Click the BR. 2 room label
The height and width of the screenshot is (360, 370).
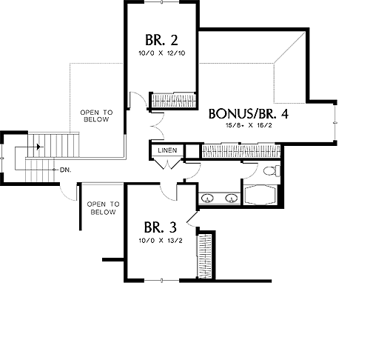click(x=161, y=40)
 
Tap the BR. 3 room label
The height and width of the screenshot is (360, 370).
click(x=161, y=227)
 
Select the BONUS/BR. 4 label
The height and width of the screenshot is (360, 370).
click(x=249, y=114)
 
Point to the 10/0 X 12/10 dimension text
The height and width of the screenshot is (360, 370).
click(x=162, y=53)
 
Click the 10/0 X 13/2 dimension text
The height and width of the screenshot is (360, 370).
click(x=161, y=240)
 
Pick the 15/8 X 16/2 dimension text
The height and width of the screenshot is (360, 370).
click(x=249, y=125)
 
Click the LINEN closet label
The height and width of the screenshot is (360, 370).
click(x=167, y=150)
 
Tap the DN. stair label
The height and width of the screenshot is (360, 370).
click(x=65, y=170)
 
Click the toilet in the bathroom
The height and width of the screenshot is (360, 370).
click(x=272, y=170)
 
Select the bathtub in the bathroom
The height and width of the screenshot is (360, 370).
click(x=260, y=195)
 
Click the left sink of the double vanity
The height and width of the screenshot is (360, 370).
click(x=207, y=199)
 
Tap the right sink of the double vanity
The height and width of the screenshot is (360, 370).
click(x=232, y=199)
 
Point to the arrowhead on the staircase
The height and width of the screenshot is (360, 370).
click(x=38, y=147)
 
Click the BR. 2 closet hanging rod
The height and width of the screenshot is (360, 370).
click(x=174, y=101)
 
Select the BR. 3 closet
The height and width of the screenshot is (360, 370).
click(x=205, y=256)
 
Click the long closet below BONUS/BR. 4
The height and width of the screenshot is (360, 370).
click(x=241, y=151)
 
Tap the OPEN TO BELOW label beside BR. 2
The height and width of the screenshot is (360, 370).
click(x=96, y=116)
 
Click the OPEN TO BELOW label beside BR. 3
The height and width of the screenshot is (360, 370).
click(x=103, y=208)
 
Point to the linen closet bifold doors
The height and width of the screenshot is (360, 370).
click(x=168, y=164)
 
